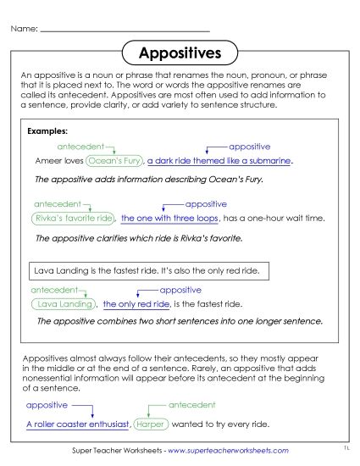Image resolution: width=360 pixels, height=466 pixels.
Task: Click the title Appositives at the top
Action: (180, 53)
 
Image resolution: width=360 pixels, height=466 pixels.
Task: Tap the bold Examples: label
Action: (47, 132)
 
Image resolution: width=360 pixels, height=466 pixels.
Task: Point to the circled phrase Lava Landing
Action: (64, 303)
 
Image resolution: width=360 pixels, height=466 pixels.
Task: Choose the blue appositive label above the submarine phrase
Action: (250, 146)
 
